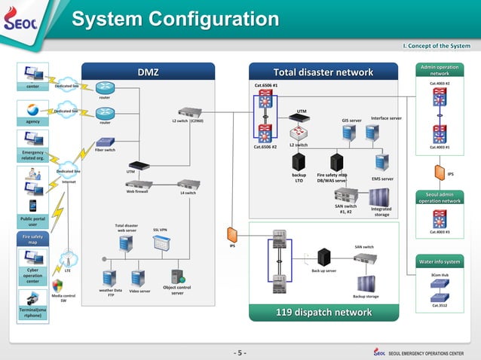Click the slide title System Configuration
175,19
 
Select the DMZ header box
149,72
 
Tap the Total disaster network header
323,72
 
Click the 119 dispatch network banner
323,313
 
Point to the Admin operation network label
440,70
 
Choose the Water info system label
440,261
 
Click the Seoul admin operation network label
440,197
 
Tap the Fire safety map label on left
32,239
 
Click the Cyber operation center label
32,275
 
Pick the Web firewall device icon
139,184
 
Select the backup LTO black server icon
299,160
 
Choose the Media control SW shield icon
58,286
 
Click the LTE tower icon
67,258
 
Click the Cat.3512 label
440,306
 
